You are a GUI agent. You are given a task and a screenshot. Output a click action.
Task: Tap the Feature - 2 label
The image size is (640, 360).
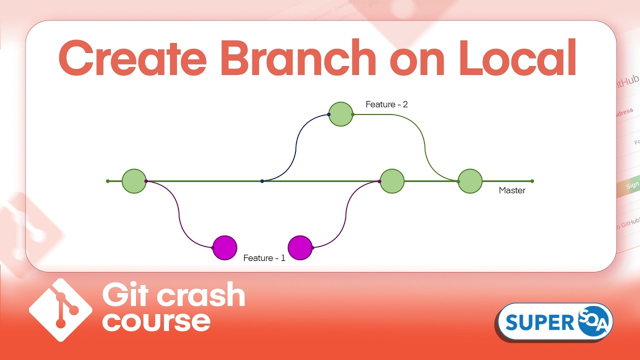tap(386, 104)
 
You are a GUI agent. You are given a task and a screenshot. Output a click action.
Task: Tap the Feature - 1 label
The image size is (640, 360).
tap(264, 258)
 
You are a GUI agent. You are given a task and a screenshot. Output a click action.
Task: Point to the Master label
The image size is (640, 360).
tap(512, 190)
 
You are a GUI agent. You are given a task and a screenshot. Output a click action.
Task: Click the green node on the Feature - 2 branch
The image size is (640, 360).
tap(340, 114)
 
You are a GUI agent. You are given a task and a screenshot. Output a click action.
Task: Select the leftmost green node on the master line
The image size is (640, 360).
tap(134, 181)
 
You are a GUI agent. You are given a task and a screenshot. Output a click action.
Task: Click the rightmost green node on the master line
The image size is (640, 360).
tap(470, 181)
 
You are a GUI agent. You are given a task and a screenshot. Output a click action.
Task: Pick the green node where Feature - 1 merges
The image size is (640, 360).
tap(392, 181)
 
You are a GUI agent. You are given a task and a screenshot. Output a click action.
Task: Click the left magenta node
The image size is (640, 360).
tap(224, 248)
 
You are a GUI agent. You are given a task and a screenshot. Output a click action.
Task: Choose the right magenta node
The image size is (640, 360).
tap(300, 248)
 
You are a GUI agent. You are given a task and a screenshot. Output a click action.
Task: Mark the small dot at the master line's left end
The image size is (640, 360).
tap(107, 181)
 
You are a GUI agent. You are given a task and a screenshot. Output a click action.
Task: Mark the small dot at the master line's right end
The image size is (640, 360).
tap(532, 181)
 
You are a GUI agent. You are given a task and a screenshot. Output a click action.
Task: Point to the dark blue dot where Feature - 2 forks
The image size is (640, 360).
tap(262, 181)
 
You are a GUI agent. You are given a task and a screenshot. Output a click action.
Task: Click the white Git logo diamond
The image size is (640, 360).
tap(61, 310)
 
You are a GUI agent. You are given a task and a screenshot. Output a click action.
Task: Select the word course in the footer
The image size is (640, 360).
tap(156, 320)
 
